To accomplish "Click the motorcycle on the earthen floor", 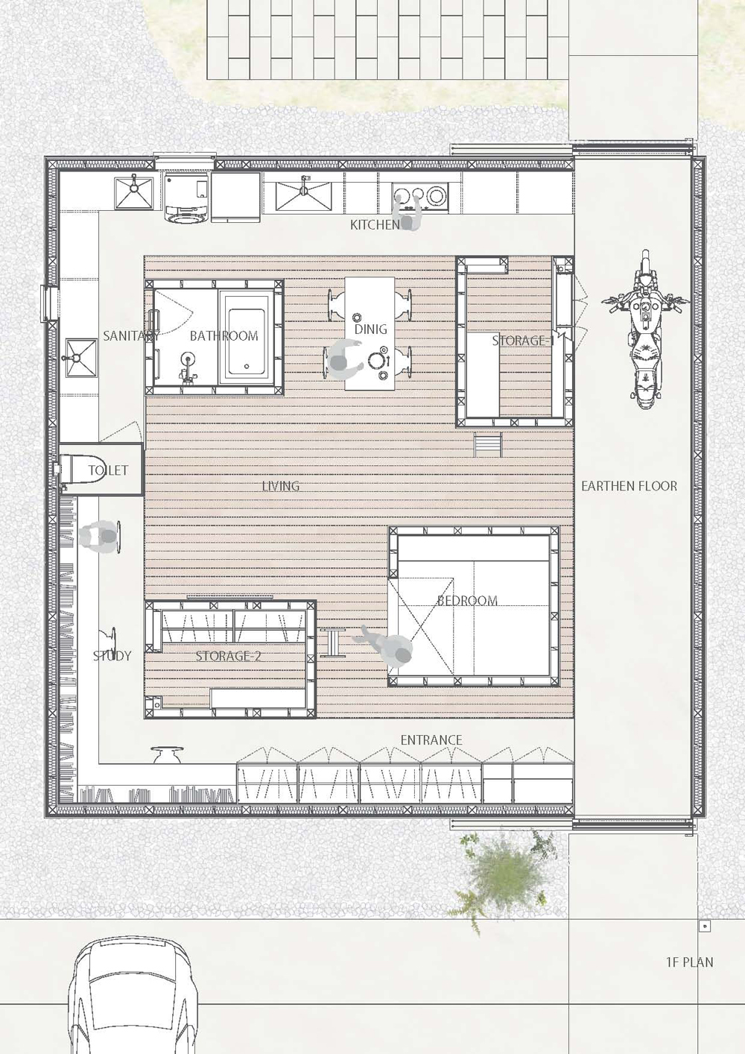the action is [645, 330].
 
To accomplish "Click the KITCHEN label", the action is [375, 225].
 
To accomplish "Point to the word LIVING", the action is [280, 486].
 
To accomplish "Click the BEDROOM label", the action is [467, 600].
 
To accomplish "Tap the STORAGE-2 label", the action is [228, 655].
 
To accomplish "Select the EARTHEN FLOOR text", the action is [629, 486].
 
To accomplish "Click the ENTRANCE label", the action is [431, 740].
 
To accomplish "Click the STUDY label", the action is [112, 655].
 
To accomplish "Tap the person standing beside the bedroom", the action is [388, 649].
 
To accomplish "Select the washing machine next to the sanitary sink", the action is [187, 198].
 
